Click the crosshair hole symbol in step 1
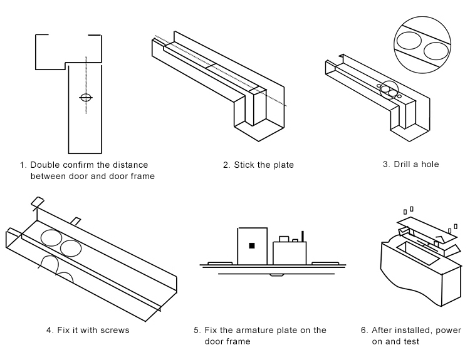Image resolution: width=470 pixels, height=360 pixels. pos(86,98)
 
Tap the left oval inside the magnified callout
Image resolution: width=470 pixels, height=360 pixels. pos(409,43)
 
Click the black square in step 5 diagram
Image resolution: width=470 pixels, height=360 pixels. pos(252,245)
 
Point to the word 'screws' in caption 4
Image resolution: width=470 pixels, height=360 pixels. pos(115,330)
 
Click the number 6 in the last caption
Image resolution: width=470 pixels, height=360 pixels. pos(363,330)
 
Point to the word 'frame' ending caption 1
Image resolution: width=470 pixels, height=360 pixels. pos(142,176)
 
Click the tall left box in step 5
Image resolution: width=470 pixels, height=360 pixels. pos(252,245)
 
